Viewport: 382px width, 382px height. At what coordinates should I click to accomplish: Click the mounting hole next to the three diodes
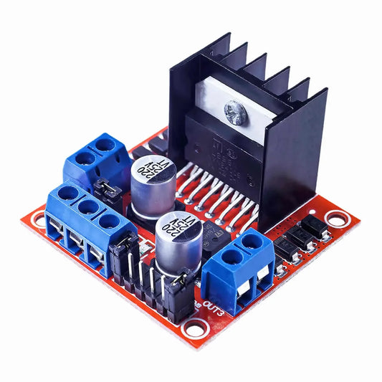pyautogui.click(x=334, y=217)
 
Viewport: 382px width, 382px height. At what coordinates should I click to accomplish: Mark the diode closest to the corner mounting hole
pyautogui.click(x=315, y=227)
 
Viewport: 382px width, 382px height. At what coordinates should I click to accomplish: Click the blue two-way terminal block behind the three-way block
pyautogui.click(x=95, y=161)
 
